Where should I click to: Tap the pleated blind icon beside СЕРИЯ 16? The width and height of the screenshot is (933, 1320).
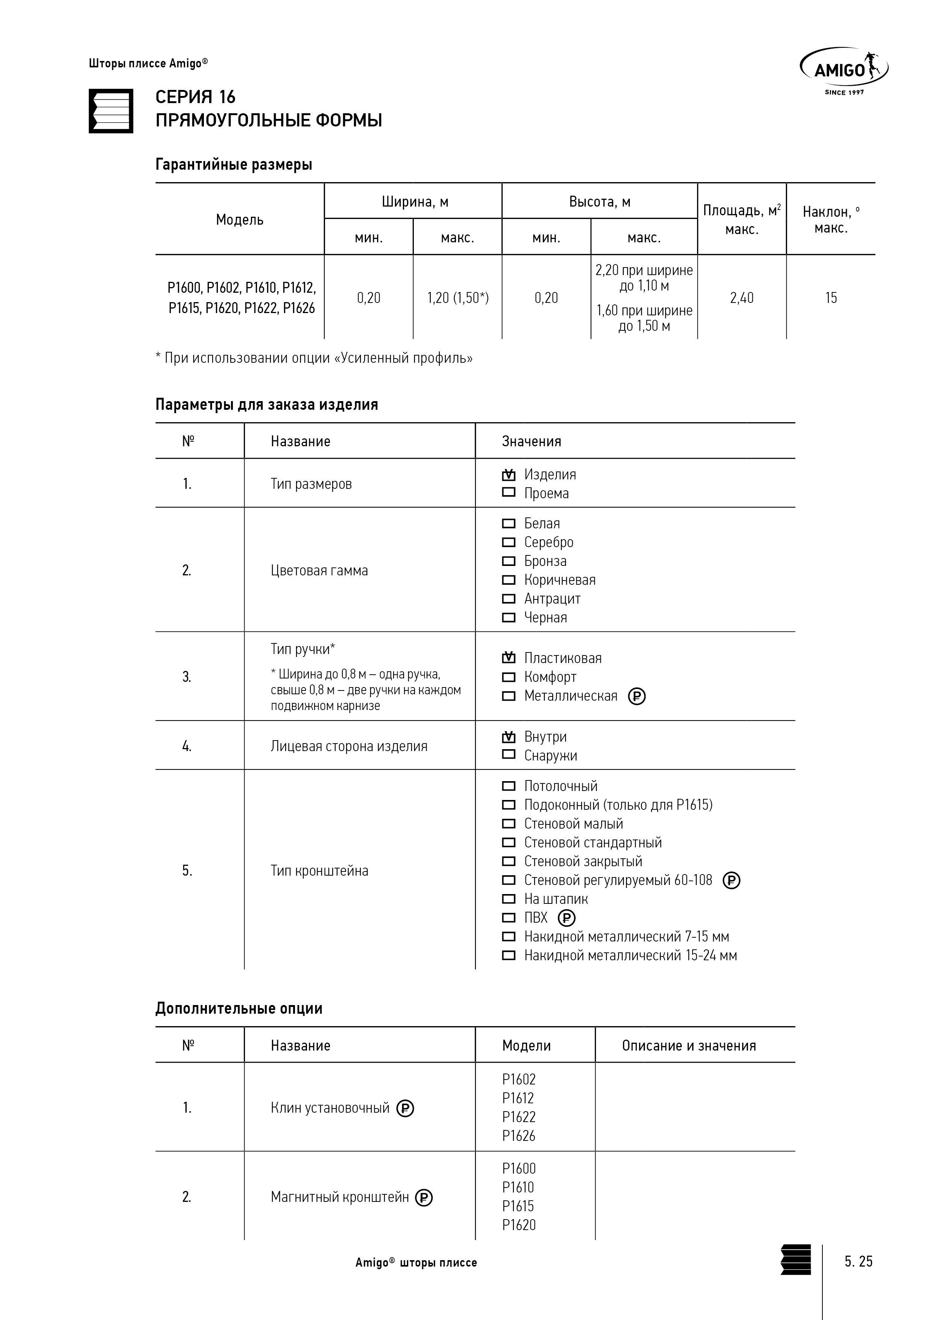coord(111,111)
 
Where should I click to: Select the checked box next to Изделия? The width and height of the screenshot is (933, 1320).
coord(509,475)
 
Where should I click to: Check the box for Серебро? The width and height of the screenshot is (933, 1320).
coord(509,542)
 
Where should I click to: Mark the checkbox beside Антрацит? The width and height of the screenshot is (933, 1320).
coord(509,599)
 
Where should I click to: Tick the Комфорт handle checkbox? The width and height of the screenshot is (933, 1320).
coord(509,677)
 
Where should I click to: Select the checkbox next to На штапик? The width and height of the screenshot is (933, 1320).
coord(509,899)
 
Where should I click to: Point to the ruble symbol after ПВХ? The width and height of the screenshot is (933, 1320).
coord(566,918)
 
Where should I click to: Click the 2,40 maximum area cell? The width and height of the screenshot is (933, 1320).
coord(742,298)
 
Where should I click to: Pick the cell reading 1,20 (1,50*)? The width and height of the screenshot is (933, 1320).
coord(457,298)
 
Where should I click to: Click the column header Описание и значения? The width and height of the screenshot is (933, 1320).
coord(689,1045)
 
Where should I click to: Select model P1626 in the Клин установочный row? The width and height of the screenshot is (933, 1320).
coord(518,1136)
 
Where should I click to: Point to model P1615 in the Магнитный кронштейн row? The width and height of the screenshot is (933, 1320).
coord(518,1206)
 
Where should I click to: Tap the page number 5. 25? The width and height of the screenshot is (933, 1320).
coord(858,1261)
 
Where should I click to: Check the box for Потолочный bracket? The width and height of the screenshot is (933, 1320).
coord(509,786)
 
